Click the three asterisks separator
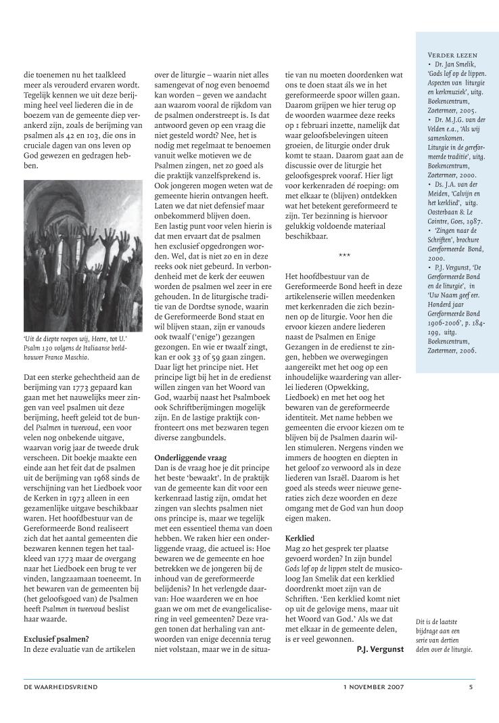(x=344, y=236)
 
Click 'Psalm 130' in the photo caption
(x=39, y=347)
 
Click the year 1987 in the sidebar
(x=475, y=221)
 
